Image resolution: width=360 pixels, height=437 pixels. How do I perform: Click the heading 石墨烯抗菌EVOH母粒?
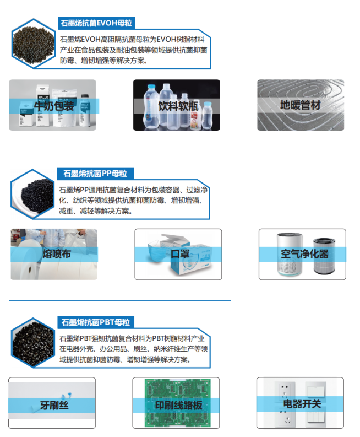97,23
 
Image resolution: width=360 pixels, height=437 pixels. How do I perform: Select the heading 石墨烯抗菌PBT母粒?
97,322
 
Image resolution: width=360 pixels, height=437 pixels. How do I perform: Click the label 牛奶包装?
54,106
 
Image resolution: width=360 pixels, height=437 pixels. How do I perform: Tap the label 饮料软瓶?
177,105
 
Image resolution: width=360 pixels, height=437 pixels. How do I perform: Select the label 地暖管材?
301,105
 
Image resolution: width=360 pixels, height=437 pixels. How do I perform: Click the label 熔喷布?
56,254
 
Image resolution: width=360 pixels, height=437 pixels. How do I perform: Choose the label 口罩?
179,254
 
